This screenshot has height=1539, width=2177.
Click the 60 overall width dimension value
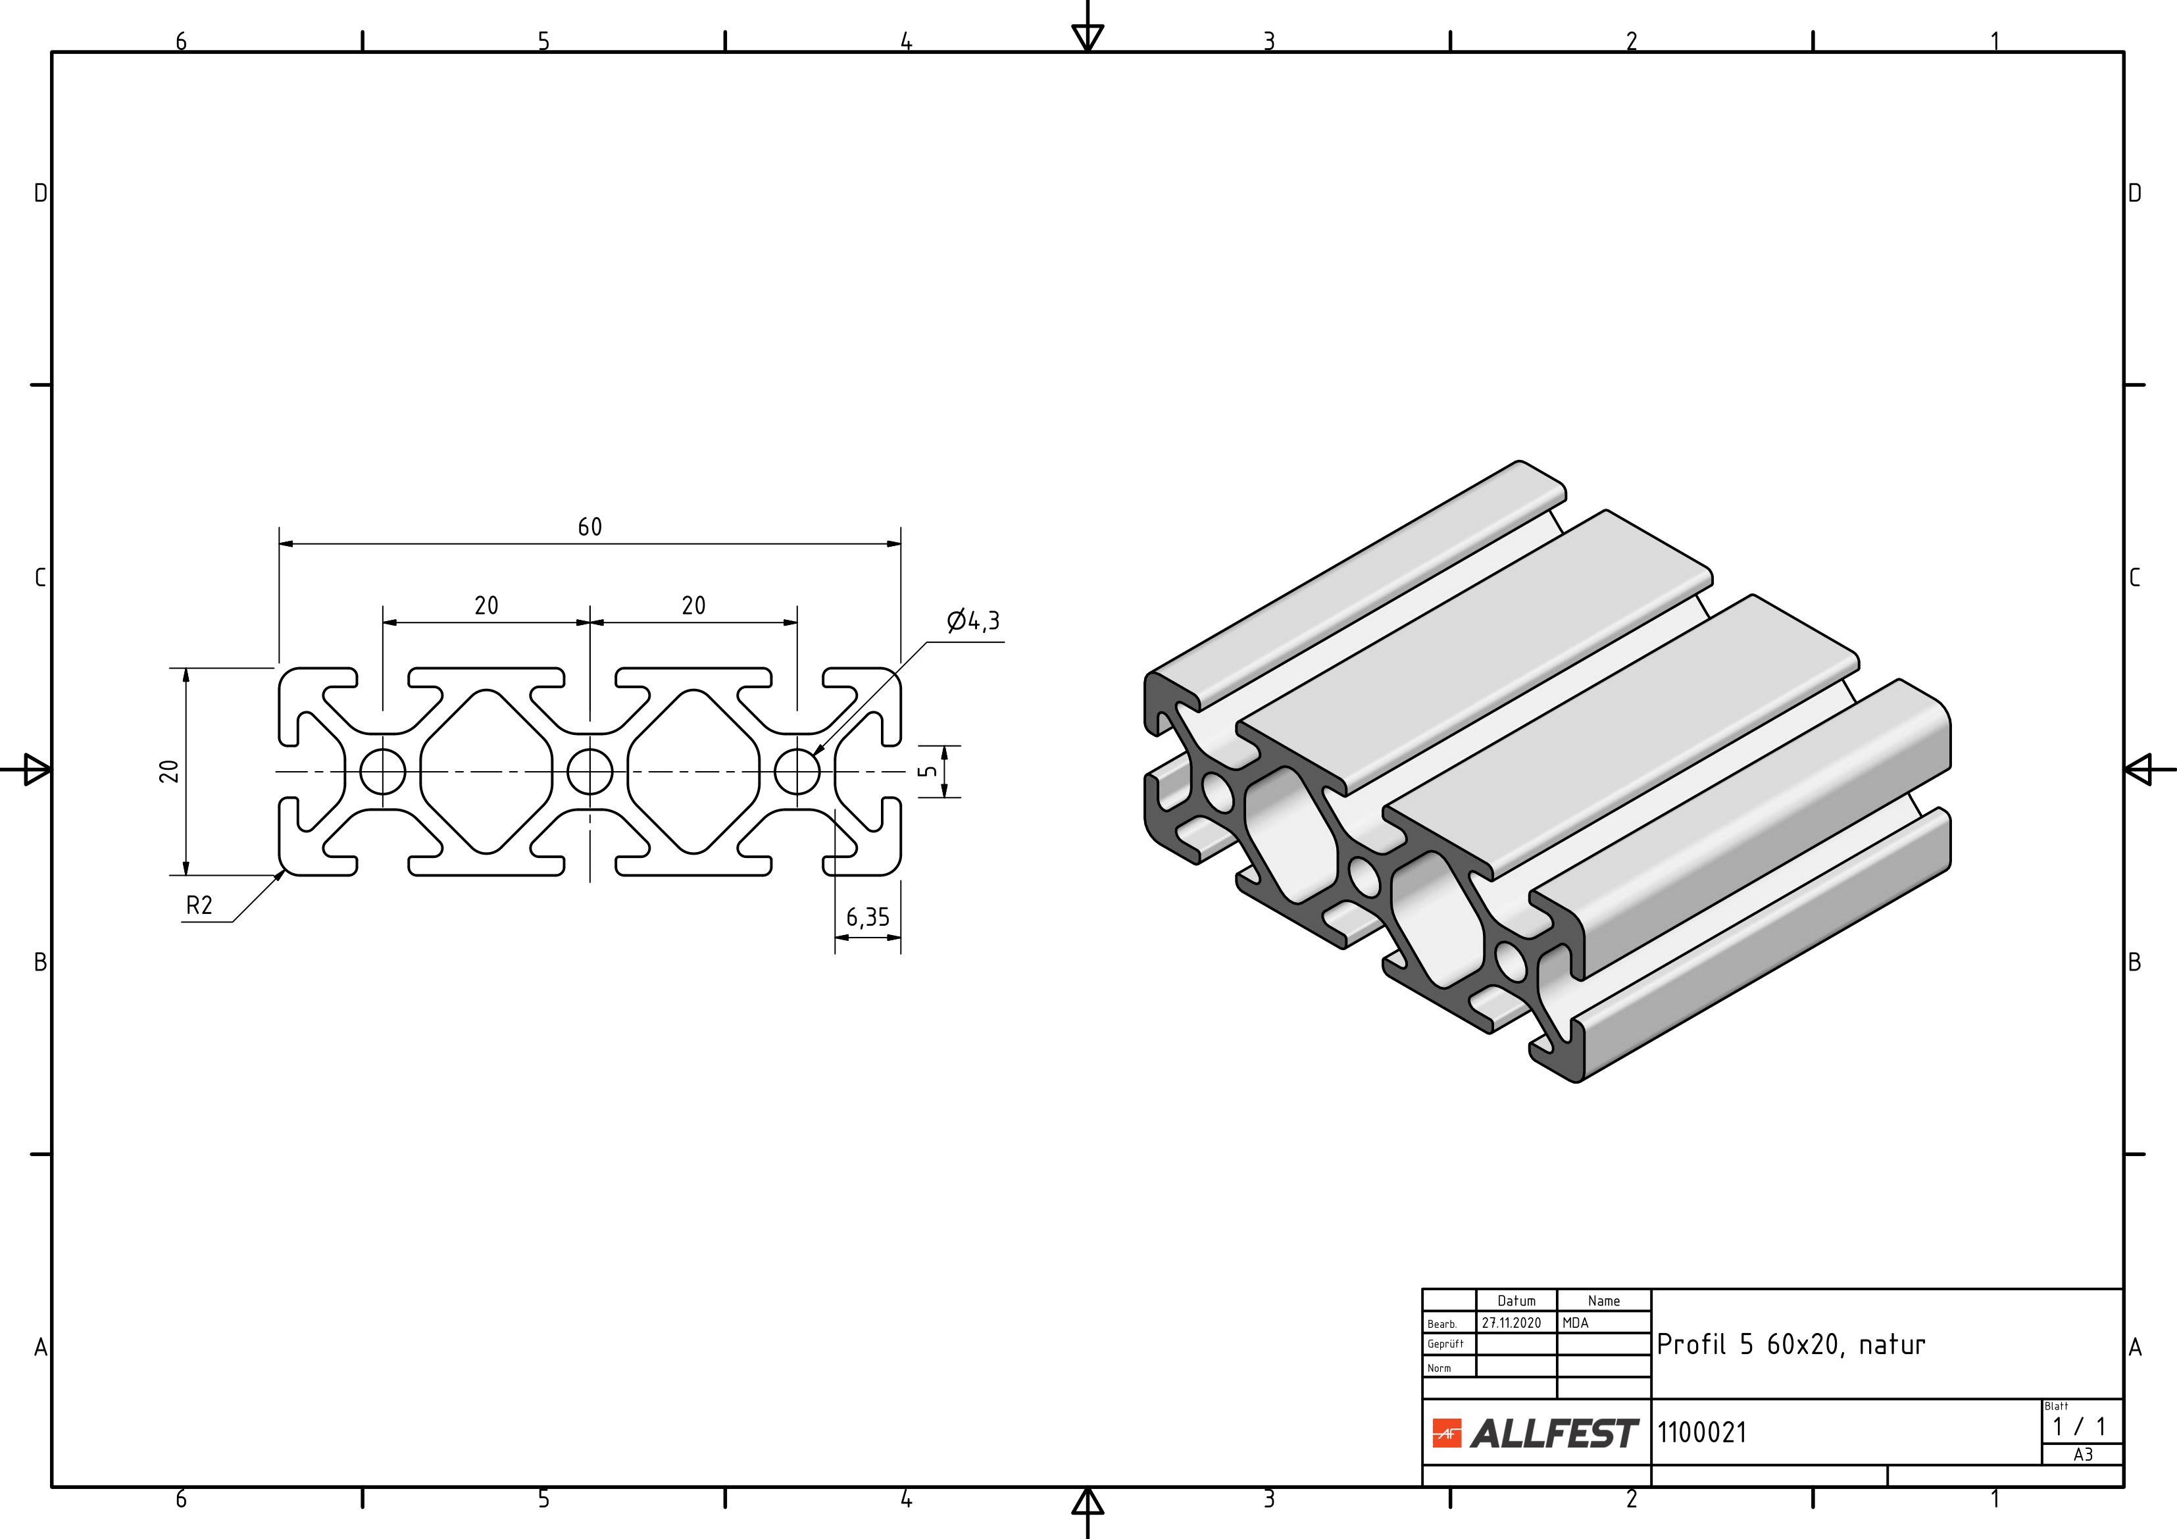589,526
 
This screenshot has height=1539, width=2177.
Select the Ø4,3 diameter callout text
973,621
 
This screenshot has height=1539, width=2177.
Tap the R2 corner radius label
199,905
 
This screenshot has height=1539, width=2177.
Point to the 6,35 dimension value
868,917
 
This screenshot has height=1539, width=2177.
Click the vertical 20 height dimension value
169,771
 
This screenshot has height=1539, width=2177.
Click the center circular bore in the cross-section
589,772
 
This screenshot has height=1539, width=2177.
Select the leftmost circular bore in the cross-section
383,772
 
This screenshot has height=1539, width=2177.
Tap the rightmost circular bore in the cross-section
797,772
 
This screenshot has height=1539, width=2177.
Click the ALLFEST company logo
1535,1433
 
